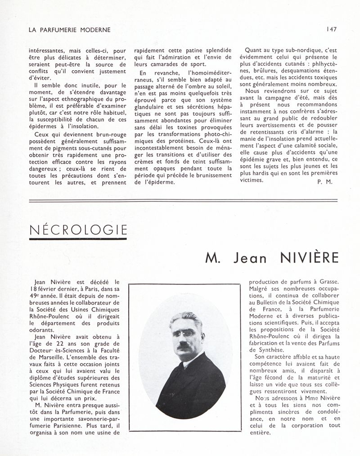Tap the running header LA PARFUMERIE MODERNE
(69, 30)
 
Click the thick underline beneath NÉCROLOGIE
(77, 239)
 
